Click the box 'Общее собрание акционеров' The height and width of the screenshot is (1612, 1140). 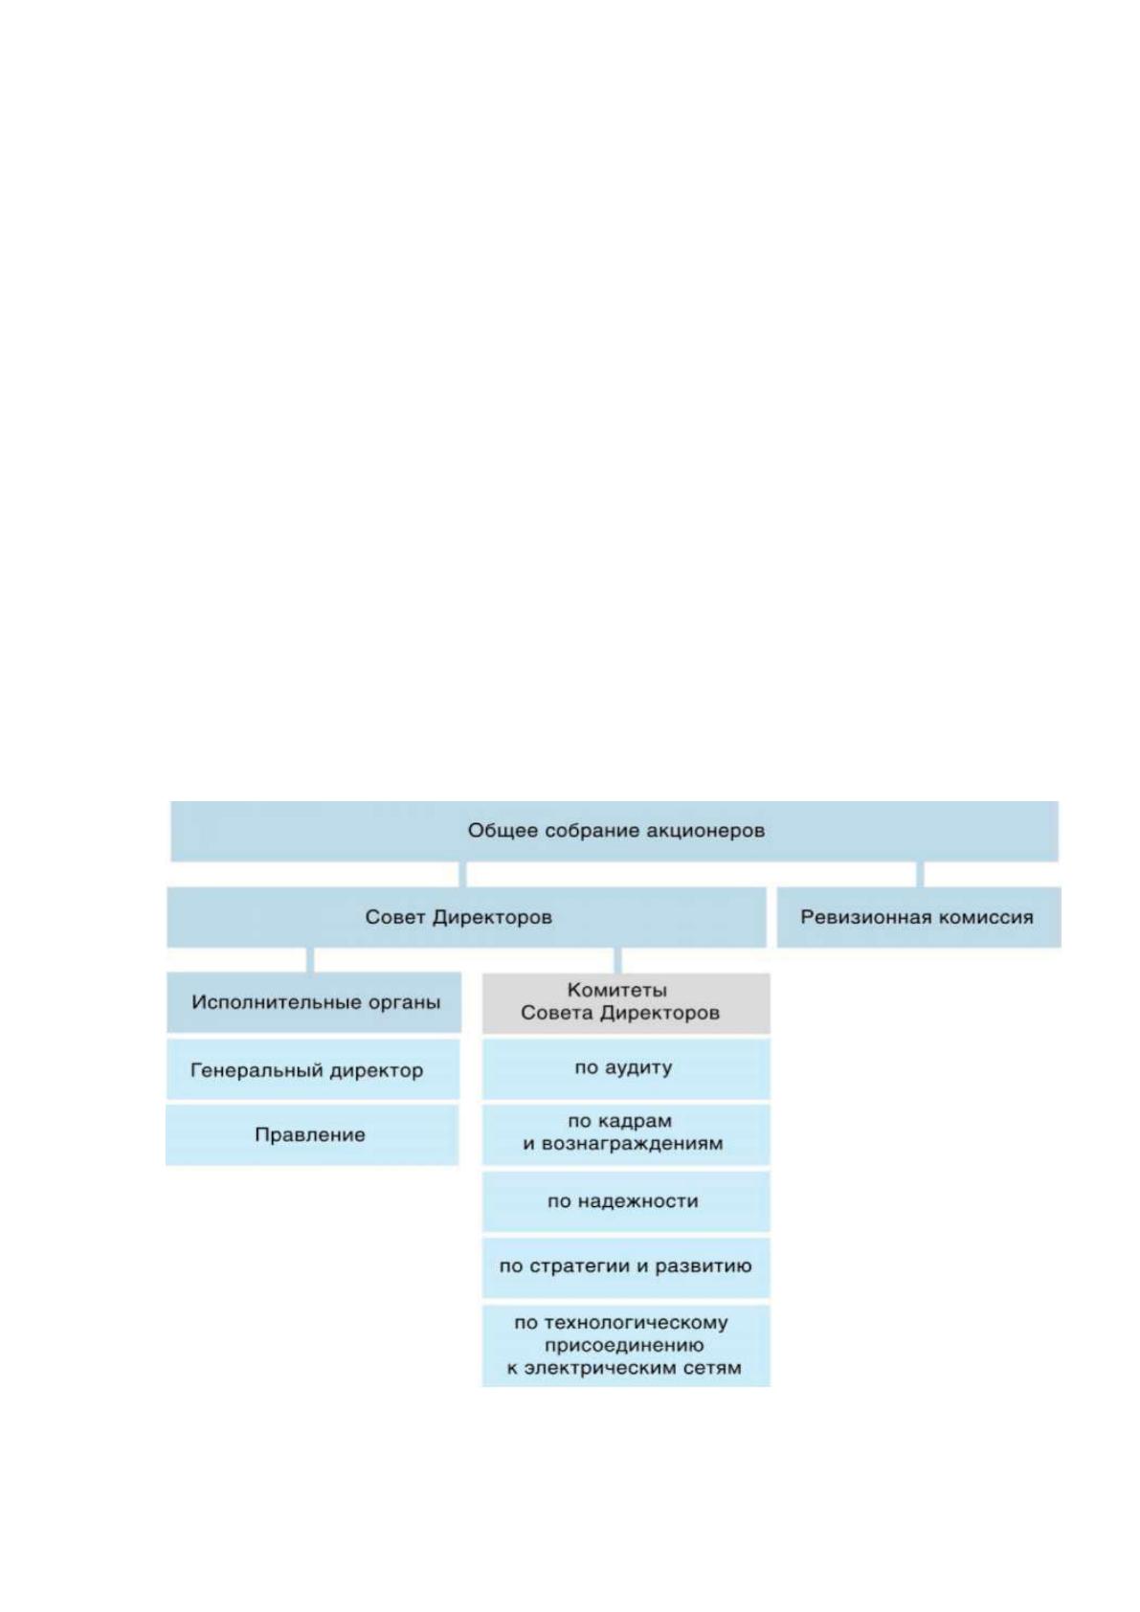[614, 831]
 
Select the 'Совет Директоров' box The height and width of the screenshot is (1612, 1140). [466, 917]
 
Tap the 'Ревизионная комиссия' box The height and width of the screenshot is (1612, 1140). [919, 917]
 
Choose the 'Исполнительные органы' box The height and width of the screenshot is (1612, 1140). [314, 1002]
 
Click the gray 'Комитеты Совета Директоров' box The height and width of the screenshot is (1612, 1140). [626, 1003]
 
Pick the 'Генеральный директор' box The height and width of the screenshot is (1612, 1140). [313, 1069]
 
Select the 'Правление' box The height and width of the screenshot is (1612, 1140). [312, 1135]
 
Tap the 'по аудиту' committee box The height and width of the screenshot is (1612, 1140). [626, 1068]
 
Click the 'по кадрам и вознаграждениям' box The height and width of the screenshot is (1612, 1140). [626, 1135]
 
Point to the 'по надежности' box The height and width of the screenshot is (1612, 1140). [626, 1201]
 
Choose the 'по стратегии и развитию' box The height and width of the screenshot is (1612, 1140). [626, 1267]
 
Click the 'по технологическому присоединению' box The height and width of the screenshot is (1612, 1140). [626, 1345]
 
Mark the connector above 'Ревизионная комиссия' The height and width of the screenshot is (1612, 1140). [920, 874]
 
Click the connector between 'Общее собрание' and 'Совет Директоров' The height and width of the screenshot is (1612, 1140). [462, 874]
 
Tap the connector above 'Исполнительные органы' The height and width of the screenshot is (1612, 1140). [310, 960]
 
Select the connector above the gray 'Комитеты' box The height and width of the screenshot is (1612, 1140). [617, 961]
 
